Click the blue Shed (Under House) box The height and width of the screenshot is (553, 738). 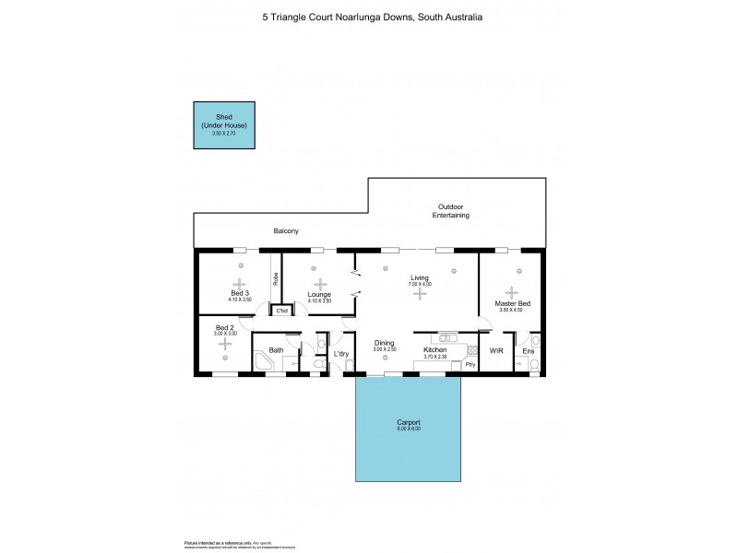(x=225, y=125)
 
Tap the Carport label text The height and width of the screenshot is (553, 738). (x=409, y=422)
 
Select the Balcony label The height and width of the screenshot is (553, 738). (x=286, y=230)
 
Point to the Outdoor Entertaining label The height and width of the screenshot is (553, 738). (x=451, y=211)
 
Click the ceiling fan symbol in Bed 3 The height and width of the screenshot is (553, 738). (x=240, y=284)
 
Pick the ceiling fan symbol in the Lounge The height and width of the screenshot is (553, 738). (x=319, y=285)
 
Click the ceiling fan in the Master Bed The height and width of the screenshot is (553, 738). (x=510, y=290)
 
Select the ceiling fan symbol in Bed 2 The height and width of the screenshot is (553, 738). (x=226, y=344)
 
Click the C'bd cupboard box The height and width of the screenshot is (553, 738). (x=282, y=311)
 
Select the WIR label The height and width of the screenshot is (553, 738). (x=496, y=350)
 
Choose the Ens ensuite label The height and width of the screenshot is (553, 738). (x=528, y=351)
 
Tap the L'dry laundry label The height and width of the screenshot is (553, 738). (x=341, y=354)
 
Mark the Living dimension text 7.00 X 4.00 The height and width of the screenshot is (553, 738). (x=420, y=284)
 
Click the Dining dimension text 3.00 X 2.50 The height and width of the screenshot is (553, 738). (x=385, y=349)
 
